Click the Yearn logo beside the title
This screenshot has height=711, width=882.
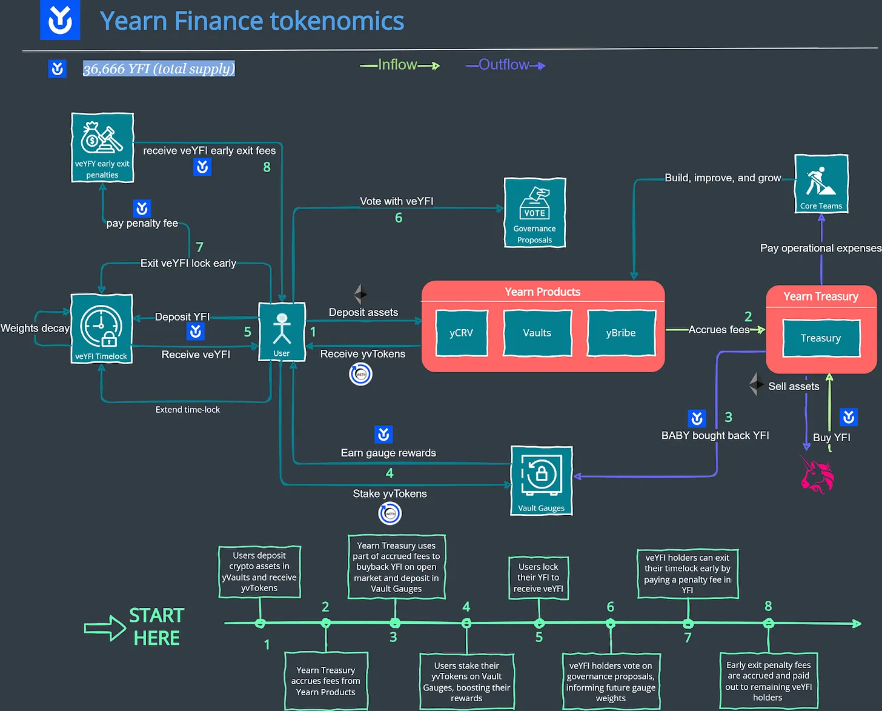(60, 20)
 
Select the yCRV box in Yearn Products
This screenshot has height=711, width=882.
(461, 333)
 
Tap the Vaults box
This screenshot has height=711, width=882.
(537, 333)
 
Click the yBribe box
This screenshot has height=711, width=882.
(621, 333)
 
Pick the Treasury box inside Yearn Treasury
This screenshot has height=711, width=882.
(821, 338)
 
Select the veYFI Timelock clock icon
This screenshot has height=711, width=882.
(101, 325)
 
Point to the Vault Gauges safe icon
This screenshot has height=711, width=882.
(541, 475)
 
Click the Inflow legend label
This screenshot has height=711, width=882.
(397, 65)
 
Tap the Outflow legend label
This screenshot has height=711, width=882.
(503, 65)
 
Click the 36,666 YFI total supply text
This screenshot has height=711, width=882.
(159, 69)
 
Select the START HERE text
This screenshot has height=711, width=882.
(156, 627)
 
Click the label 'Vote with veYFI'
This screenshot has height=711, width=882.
(396, 201)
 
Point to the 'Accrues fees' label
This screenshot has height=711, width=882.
(718, 330)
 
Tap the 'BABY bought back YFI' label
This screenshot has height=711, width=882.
(715, 435)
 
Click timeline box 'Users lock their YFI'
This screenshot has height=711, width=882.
(538, 578)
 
